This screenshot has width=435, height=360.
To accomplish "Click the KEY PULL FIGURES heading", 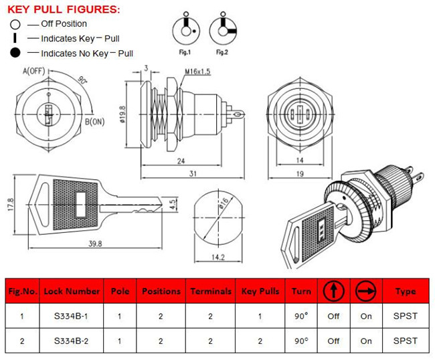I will [64, 9].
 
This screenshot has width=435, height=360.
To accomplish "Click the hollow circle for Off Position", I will [15, 24].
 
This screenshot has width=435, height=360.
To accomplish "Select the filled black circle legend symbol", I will [15, 53].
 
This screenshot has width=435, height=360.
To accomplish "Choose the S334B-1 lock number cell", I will [72, 317].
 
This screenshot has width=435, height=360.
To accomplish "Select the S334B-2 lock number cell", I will [72, 341].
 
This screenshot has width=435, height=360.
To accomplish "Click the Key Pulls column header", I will [259, 292].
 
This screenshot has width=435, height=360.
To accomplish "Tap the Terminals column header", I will [210, 292].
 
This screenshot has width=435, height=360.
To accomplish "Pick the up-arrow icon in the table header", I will [333, 291].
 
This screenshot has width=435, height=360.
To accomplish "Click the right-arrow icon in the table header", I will [365, 291].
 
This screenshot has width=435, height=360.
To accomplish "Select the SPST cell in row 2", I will [406, 341].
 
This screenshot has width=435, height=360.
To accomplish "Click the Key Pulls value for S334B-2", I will [259, 341].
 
